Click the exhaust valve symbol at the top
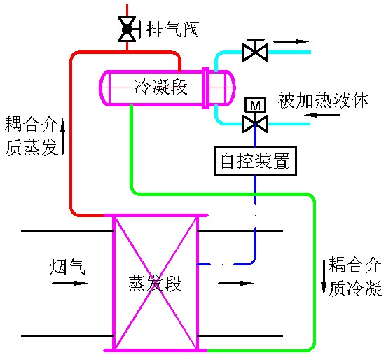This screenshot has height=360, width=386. click(x=127, y=29)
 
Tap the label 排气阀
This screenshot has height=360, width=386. click(x=172, y=29)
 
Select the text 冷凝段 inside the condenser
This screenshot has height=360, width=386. click(x=160, y=87)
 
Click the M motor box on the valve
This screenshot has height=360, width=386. click(x=255, y=104)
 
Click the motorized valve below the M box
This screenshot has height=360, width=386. click(x=255, y=124)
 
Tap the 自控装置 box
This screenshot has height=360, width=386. click(x=255, y=161)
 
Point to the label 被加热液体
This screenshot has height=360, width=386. click(x=323, y=100)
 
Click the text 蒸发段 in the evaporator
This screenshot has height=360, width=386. click(x=155, y=283)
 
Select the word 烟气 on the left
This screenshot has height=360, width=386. click(x=67, y=266)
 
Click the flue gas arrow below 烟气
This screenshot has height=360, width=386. click(x=69, y=283)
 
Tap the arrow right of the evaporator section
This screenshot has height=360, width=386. click(x=236, y=283)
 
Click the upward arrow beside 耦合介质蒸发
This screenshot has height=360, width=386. click(x=63, y=137)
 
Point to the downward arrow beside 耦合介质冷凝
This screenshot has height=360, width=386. click(x=324, y=277)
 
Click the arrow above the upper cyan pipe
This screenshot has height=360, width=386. click(x=291, y=41)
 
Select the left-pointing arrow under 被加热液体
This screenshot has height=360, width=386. click(x=322, y=115)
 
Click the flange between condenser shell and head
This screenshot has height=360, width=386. click(x=205, y=88)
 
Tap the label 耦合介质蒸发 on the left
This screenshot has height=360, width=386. click(x=32, y=136)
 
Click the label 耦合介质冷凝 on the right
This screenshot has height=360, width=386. click(x=355, y=276)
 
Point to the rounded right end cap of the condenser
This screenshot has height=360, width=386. click(x=230, y=88)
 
